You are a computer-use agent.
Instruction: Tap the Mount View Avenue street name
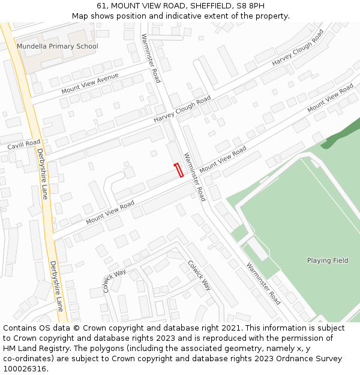[90, 84]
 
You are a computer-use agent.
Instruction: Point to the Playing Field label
[328, 260]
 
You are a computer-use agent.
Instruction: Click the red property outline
[178, 170]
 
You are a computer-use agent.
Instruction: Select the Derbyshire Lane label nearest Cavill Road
[41, 174]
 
